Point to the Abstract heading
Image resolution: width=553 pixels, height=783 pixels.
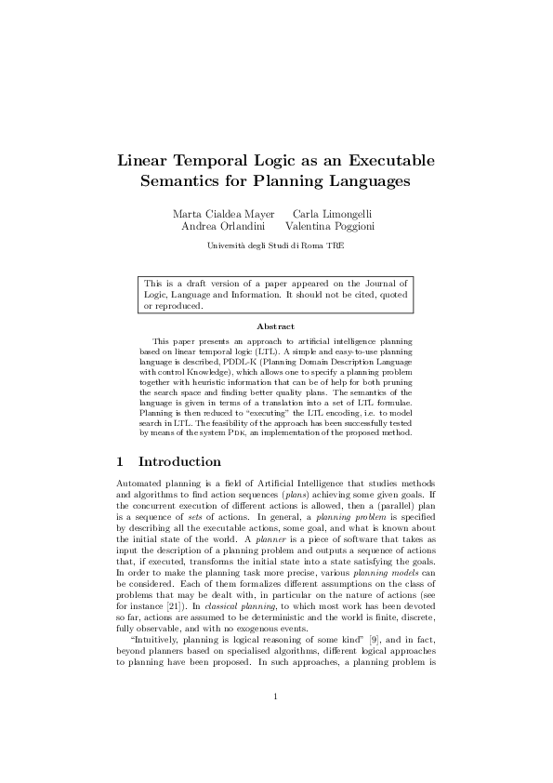(x=276, y=326)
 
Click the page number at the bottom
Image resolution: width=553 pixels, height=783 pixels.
(x=276, y=723)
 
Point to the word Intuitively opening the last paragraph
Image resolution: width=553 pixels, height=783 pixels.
(x=163, y=640)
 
